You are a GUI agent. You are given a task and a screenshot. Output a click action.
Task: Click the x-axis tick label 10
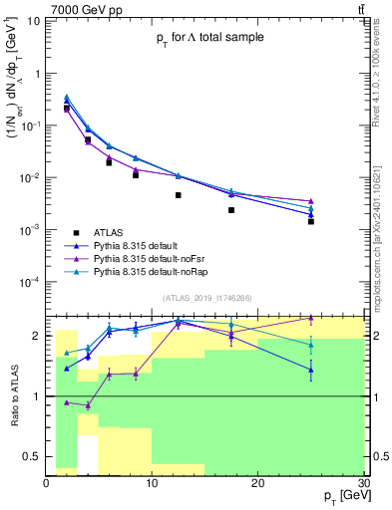[152, 483]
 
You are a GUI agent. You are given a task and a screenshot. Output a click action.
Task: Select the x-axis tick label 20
[257, 483]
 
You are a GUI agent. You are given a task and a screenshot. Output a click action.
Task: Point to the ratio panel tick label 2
[37, 336]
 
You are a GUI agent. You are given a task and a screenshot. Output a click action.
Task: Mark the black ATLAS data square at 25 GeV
[311, 221]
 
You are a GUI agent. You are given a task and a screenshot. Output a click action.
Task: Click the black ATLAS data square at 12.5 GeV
[179, 195]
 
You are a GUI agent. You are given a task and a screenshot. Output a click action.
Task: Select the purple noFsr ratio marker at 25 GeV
[311, 319]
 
